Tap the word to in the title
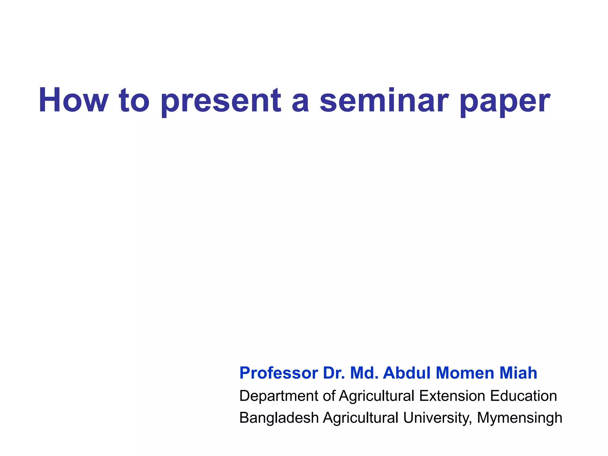[134, 100]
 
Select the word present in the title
[221, 101]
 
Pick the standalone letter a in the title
[300, 102]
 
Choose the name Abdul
[407, 373]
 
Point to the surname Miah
[518, 373]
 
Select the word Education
[523, 396]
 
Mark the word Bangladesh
[279, 418]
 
